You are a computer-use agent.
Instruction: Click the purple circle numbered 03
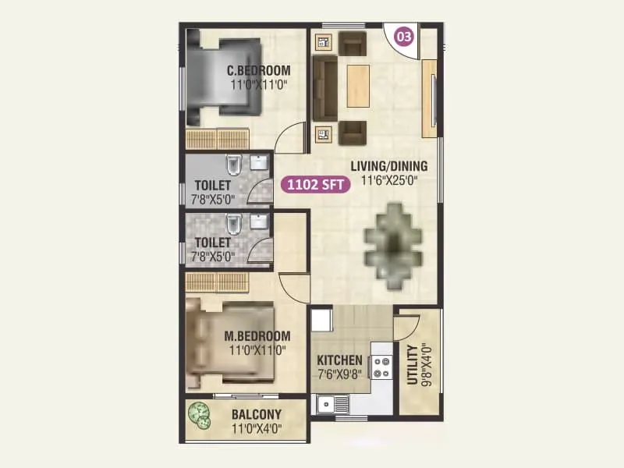click(404, 37)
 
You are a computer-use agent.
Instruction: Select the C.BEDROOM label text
click(259, 70)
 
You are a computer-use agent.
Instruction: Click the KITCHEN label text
click(339, 360)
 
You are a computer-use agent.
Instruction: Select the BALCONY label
click(257, 414)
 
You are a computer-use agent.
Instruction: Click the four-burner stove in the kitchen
click(382, 367)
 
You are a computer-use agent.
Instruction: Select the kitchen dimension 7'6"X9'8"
click(339, 375)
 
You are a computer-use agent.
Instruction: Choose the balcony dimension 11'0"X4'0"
click(257, 428)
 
